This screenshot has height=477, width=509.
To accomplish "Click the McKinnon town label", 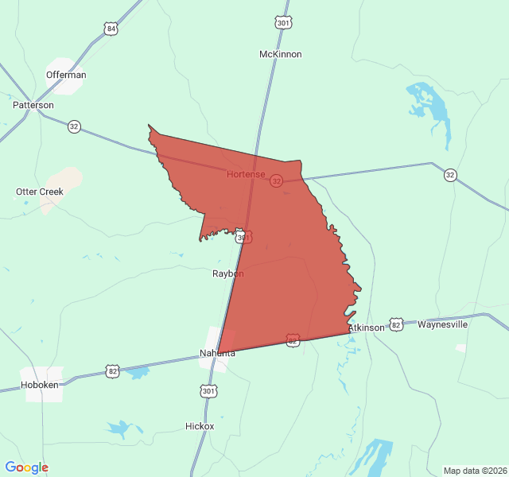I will coord(280,54).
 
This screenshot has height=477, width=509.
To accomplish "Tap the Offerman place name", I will coord(66,75).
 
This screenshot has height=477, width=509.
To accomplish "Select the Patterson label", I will coord(33,105).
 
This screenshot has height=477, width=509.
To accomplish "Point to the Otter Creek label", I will coord(40,192).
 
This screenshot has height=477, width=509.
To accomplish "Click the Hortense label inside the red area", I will coord(246,173).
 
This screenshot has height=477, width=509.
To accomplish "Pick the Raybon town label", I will coord(227,273).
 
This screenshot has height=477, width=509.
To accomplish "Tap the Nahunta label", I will coord(217,353).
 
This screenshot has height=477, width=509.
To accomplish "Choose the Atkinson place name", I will coord(366,328).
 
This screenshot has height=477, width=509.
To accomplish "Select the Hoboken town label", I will coord(40,385).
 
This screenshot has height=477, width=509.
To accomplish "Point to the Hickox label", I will coord(199,426).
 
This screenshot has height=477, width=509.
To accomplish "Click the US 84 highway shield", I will coord(111,29).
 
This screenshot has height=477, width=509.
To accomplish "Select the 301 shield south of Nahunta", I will coord(208,391).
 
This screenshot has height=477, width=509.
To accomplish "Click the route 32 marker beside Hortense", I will coord(276,181).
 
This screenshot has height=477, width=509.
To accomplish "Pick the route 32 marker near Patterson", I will coord(74,126).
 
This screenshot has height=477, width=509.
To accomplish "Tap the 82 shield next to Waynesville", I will coord(396,324).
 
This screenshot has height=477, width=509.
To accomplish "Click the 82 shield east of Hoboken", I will coord(112,370).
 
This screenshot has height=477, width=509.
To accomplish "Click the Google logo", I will coord(27,467).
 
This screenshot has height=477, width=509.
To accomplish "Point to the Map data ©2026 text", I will coord(474,470).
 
